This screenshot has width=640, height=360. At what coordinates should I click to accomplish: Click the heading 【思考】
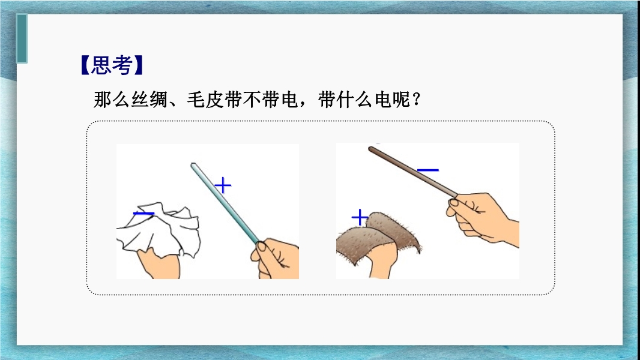click(x=112, y=65)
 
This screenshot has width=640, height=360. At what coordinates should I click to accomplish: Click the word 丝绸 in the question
click(x=149, y=100)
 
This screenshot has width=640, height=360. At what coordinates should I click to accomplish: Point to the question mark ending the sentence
click(x=416, y=100)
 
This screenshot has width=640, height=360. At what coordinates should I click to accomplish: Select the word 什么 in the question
click(x=355, y=100)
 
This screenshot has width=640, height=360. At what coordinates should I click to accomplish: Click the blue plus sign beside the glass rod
click(x=223, y=185)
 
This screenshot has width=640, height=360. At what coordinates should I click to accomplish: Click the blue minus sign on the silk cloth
click(x=143, y=213)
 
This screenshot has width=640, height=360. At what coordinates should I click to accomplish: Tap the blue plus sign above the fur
click(x=360, y=217)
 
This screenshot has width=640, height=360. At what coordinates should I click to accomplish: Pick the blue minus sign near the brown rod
click(x=428, y=170)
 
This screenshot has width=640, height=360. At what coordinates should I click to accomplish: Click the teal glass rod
click(x=225, y=203)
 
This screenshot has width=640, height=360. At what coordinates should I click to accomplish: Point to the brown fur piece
click(x=378, y=236)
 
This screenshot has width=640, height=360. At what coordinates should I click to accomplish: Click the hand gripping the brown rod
click(x=482, y=218)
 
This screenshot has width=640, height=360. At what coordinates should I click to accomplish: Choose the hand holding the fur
click(x=382, y=261)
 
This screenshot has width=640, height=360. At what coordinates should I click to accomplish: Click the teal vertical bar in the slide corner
click(x=22, y=38)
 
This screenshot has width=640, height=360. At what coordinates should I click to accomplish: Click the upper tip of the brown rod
click(x=370, y=149)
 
